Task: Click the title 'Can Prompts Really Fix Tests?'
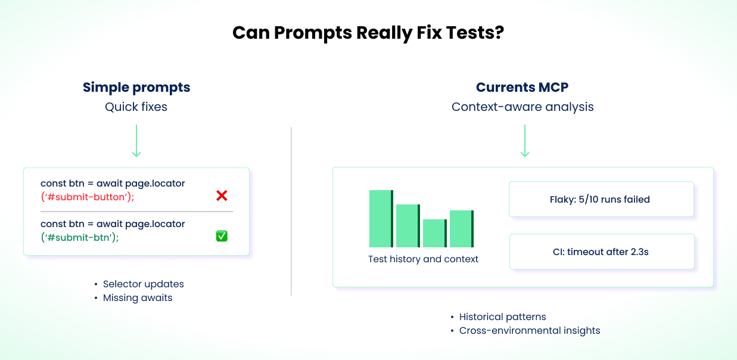click(368, 32)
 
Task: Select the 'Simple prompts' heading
click(136, 88)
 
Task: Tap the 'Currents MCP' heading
click(522, 88)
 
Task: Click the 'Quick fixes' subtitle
click(136, 107)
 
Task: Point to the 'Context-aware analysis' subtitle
click(523, 107)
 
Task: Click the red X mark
click(222, 195)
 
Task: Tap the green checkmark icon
click(222, 236)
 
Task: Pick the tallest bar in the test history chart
click(381, 219)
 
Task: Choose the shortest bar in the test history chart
click(434, 233)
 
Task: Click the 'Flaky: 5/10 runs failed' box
click(601, 199)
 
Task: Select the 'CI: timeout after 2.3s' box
click(601, 252)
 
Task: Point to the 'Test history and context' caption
click(423, 259)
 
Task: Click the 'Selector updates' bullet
click(143, 284)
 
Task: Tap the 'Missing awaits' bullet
click(137, 298)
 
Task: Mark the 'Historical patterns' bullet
click(502, 317)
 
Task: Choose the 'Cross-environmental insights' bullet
click(529, 331)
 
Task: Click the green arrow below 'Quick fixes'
click(136, 141)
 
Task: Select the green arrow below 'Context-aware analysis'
click(524, 141)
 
